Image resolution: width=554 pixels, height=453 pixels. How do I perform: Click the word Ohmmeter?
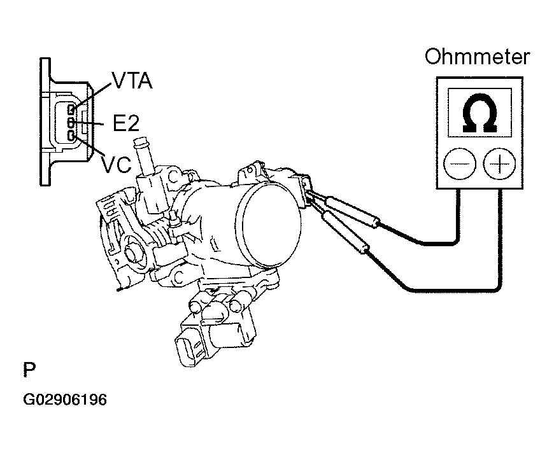click(477, 57)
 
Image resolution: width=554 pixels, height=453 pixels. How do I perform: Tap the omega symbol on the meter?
click(479, 115)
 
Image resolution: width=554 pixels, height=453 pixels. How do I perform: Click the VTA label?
click(132, 81)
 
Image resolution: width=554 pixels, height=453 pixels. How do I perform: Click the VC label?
click(117, 164)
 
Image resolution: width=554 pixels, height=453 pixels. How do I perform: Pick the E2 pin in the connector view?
click(71, 122)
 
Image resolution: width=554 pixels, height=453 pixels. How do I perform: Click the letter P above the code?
click(29, 370)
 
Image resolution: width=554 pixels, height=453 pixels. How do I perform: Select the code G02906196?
click(64, 400)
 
